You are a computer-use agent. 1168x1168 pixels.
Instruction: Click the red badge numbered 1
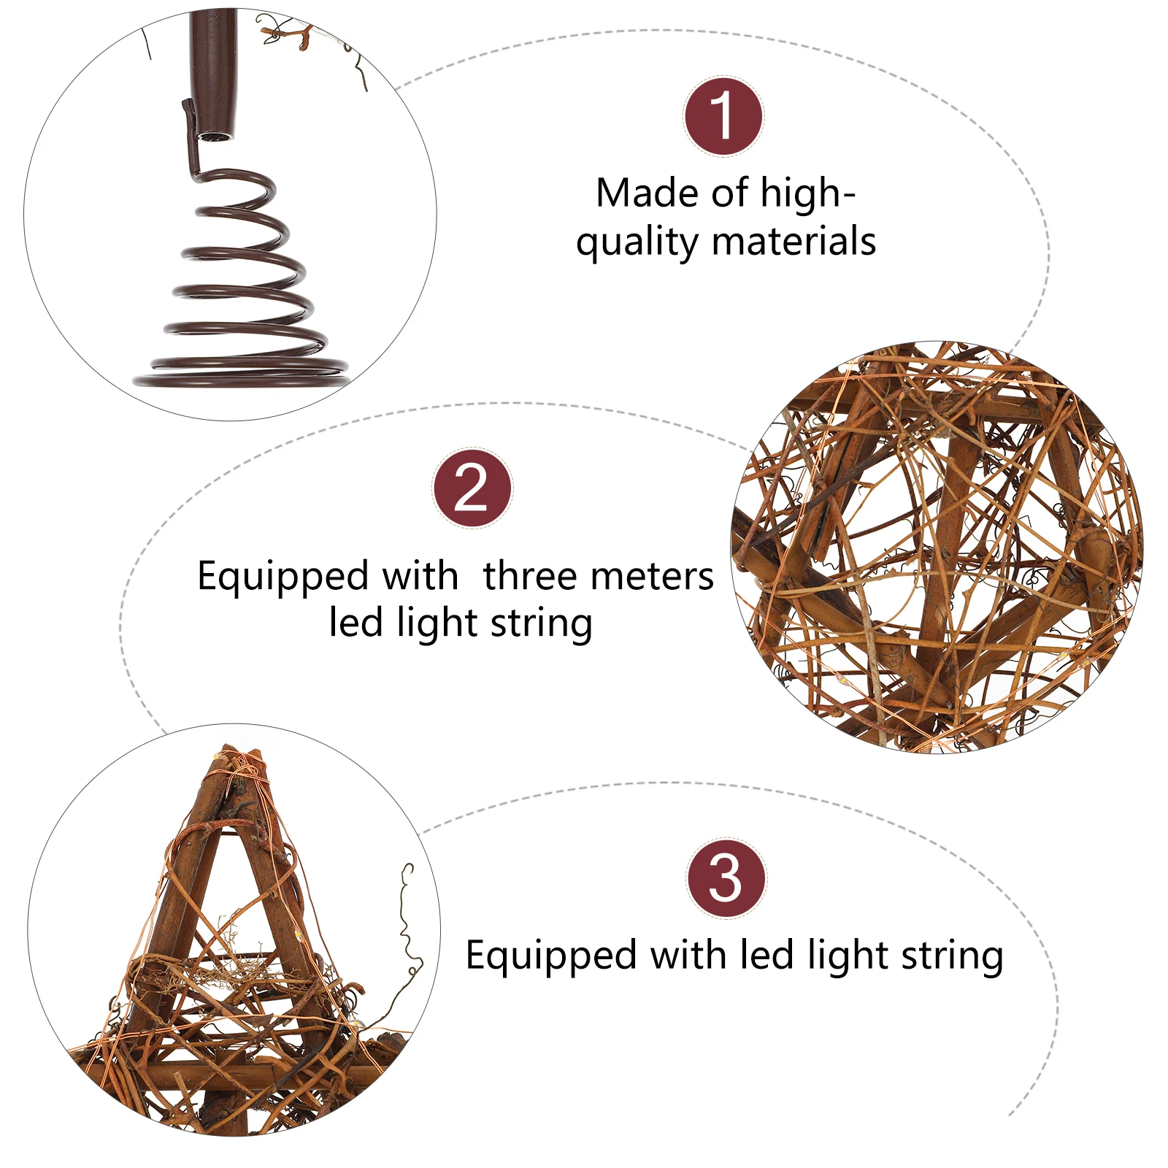pyautogui.click(x=723, y=117)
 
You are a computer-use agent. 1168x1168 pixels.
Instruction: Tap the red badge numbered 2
pyautogui.click(x=472, y=488)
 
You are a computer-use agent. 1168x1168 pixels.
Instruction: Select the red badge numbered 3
pyautogui.click(x=726, y=878)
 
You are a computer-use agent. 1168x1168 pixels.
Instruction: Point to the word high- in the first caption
pyautogui.click(x=807, y=193)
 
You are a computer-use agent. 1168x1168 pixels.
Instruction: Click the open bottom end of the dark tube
pyautogui.click(x=213, y=136)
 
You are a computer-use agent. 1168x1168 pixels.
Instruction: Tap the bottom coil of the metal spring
pyautogui.click(x=241, y=377)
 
